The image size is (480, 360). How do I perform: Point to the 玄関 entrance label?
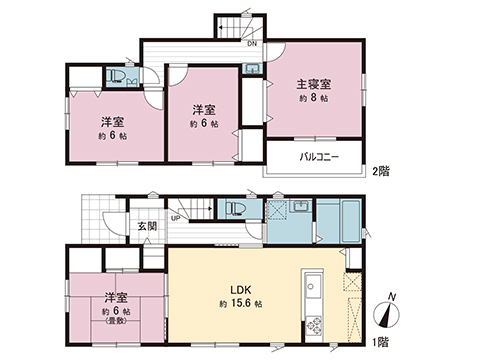tap(146, 226)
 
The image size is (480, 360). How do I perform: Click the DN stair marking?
tap(252, 44)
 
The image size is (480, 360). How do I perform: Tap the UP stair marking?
tap(176, 217)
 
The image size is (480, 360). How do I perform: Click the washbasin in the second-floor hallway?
tap(250, 69)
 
